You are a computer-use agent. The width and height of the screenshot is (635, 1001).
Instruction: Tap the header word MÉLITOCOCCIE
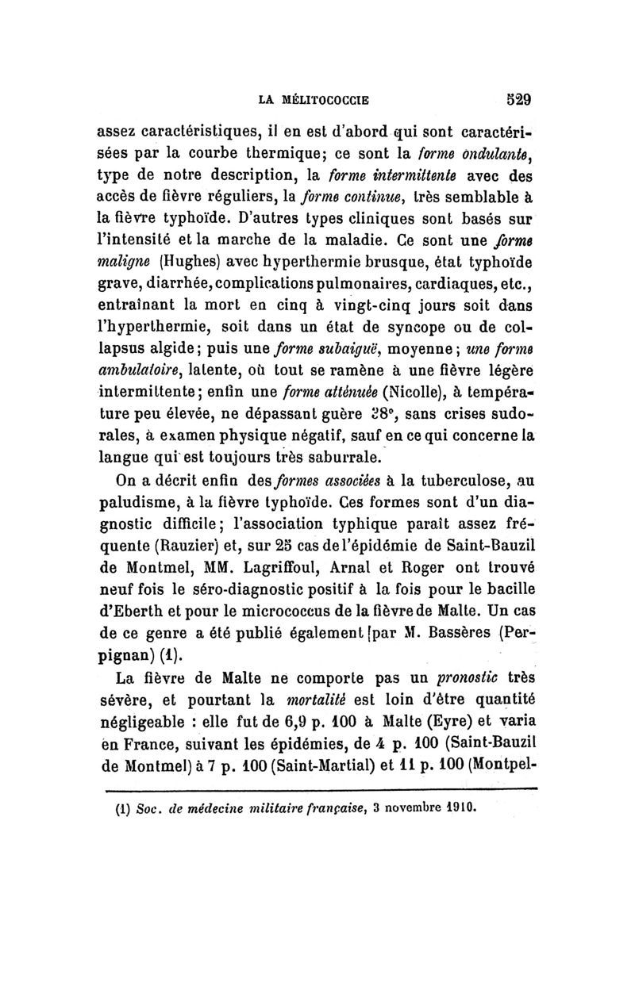[x=328, y=101]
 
